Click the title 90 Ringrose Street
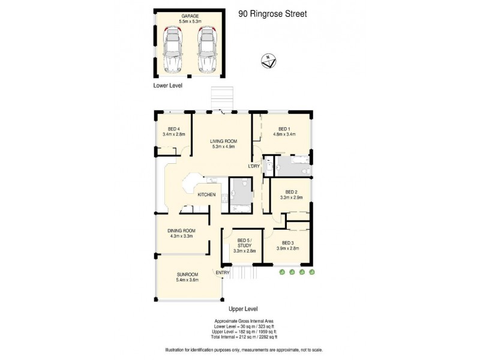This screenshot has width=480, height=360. pos(272,13)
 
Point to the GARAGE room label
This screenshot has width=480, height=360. pos(188,16)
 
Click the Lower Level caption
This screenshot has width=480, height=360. pos(167,86)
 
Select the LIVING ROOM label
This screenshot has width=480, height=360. pos(221,140)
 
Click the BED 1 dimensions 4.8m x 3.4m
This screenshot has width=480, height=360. pos(284,134)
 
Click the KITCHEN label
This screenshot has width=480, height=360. pos(206,194)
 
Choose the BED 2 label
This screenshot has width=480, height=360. pos(292,191)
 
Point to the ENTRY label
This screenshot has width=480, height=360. pos(223,273)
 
